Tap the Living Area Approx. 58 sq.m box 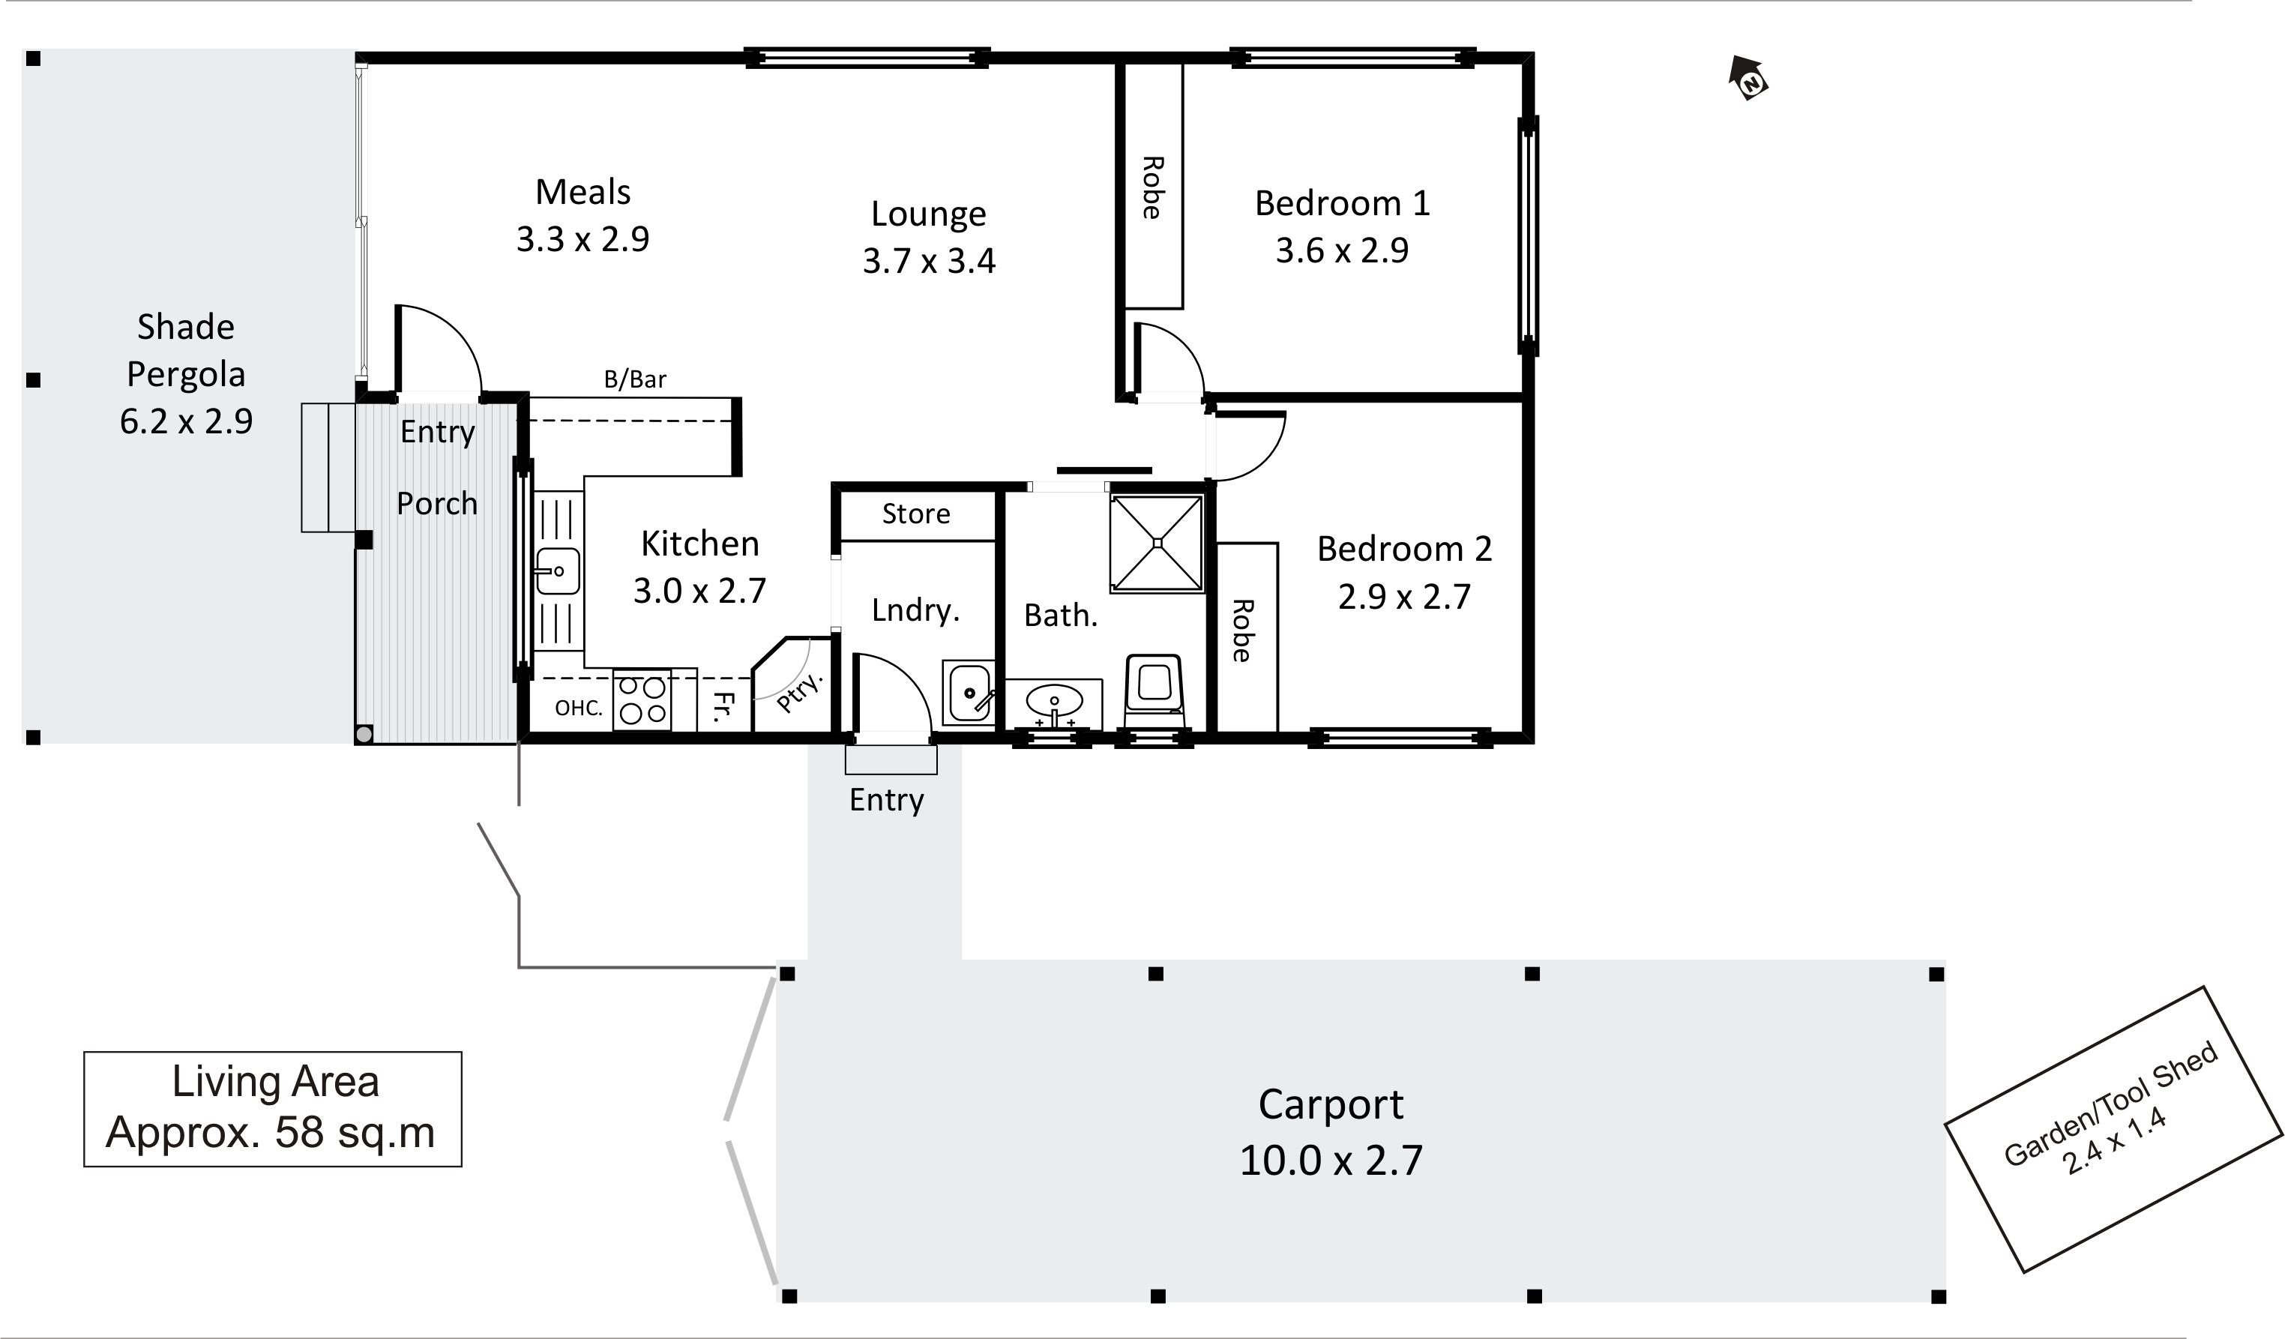pos(272,1108)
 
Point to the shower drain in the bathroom pos(1157,543)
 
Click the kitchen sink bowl pos(558,571)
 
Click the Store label pos(916,514)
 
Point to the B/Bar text pos(635,379)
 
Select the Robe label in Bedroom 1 pos(1151,187)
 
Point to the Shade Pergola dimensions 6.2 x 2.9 pos(186,421)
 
